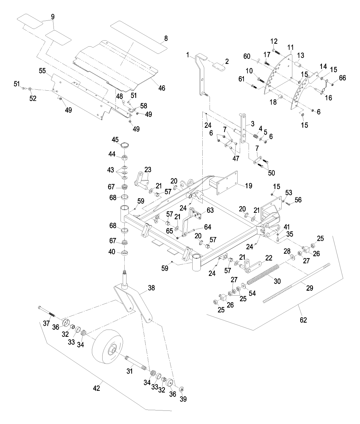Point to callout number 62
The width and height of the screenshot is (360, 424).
303,320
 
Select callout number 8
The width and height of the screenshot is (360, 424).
166,38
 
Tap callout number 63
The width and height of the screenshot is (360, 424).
210,209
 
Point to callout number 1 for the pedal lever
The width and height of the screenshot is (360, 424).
188,55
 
